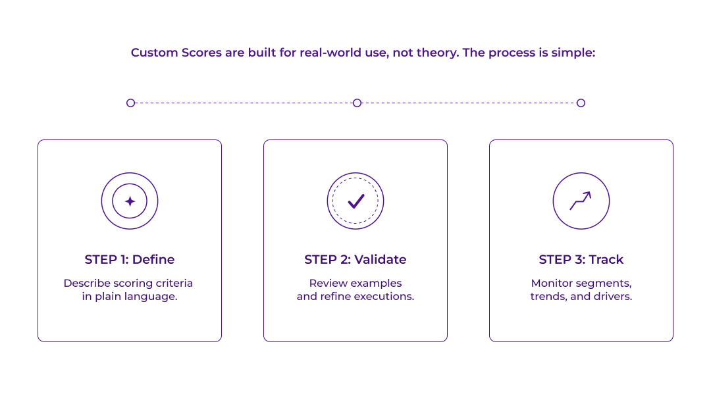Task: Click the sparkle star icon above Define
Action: (130, 201)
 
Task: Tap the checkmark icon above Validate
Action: (355, 201)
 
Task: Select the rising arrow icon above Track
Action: (581, 201)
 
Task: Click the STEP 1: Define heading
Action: (130, 259)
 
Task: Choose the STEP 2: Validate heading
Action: (355, 259)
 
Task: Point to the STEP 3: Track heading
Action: (581, 259)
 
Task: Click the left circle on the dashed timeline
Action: (130, 103)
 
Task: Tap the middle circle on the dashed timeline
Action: (357, 103)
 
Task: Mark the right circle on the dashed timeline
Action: (581, 103)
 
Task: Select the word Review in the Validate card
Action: (327, 283)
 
